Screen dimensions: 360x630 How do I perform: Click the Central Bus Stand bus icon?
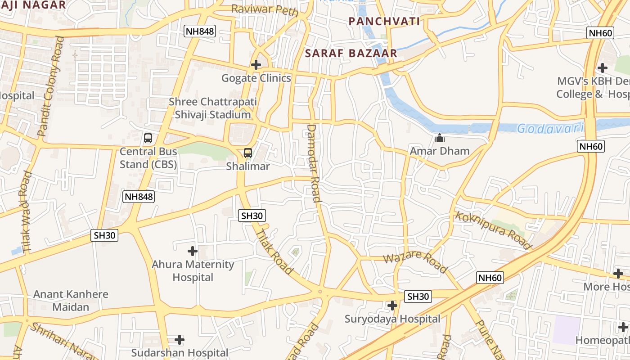tap(148, 138)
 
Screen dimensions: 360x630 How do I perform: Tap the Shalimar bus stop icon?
tap(248, 153)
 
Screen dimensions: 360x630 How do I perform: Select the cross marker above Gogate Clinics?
tap(256, 65)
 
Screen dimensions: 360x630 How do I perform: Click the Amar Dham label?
tap(439, 151)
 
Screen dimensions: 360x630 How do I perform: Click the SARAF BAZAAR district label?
tap(351, 53)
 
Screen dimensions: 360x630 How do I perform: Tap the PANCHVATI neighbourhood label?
tap(384, 21)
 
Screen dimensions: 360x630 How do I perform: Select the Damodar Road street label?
tap(314, 163)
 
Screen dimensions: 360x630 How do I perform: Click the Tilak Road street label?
tap(274, 252)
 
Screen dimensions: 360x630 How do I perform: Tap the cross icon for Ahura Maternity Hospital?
tap(193, 251)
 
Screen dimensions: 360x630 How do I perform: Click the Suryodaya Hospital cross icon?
tap(392, 306)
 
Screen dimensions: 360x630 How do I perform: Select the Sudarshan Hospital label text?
tap(180, 352)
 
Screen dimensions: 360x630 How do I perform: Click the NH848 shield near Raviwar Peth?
tap(200, 31)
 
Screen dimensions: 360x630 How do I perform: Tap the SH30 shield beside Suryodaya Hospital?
tap(418, 296)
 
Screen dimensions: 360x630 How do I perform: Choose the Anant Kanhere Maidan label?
tap(71, 301)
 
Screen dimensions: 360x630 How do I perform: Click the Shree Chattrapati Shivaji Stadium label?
tap(213, 108)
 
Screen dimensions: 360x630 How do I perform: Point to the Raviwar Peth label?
tap(265, 9)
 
